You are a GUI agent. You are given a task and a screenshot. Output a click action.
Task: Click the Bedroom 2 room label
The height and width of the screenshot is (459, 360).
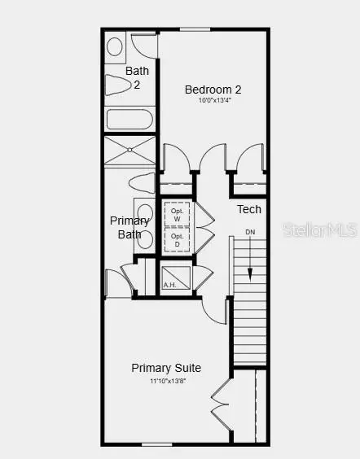(x=213, y=90)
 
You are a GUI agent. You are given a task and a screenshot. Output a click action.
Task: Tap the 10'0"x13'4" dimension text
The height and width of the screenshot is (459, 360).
(x=213, y=101)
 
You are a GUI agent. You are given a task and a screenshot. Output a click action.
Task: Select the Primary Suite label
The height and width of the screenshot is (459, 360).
(x=166, y=368)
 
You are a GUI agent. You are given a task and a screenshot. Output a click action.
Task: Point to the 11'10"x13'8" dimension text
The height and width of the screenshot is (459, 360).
(x=166, y=380)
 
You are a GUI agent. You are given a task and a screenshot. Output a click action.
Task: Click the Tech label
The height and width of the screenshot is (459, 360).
(x=249, y=210)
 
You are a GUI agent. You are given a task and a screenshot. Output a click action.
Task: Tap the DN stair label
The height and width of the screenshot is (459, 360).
(x=250, y=232)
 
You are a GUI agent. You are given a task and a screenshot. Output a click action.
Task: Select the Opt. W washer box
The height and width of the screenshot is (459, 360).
(x=177, y=214)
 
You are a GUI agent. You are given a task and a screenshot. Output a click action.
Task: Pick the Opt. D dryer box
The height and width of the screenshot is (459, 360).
(x=177, y=239)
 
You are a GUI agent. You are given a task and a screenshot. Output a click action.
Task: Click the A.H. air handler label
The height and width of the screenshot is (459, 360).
(x=169, y=285)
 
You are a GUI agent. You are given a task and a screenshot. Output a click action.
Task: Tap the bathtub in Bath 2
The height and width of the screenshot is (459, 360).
(x=130, y=119)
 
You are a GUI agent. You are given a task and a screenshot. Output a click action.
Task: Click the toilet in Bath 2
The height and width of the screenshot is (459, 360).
(x=119, y=84)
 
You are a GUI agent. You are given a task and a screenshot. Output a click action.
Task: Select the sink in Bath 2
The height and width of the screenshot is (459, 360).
(x=115, y=46)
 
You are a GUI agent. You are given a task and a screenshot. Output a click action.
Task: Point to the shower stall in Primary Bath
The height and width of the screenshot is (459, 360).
(x=130, y=151)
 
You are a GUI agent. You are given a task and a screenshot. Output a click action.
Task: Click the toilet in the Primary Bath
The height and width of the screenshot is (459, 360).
(x=142, y=181)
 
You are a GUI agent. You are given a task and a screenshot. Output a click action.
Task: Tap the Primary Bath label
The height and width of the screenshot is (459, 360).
(x=130, y=228)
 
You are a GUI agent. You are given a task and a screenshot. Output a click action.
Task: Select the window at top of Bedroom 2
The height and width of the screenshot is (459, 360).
(x=195, y=30)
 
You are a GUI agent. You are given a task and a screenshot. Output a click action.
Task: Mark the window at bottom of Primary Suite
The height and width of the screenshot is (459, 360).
(x=156, y=444)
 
